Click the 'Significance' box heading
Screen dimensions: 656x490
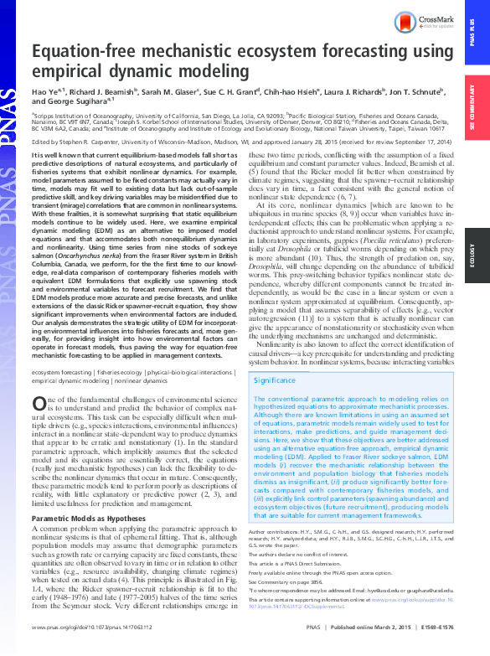tap(273, 380)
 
